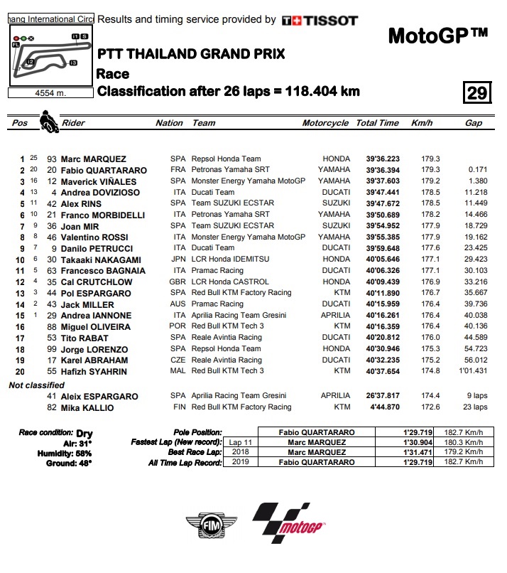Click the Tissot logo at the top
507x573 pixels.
coord(320,21)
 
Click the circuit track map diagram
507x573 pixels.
coord(50,56)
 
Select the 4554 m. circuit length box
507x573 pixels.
coord(50,92)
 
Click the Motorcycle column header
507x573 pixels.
coord(325,123)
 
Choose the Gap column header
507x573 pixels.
coord(473,123)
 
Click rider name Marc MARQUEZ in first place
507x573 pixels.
coord(93,159)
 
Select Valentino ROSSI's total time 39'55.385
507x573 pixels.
coord(383,237)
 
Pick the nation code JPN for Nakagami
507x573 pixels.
coord(178,260)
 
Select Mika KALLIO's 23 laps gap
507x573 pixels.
coord(476,407)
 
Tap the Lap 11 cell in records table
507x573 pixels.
coord(239,442)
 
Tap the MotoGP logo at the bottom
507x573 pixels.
coord(291,525)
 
